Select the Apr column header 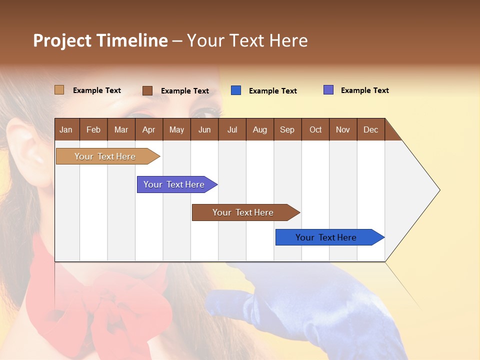[149, 129]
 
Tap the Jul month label [232, 129]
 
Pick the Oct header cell [315, 129]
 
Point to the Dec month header [371, 129]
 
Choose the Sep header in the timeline [288, 129]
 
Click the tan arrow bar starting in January [108, 156]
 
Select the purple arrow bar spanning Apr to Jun [177, 184]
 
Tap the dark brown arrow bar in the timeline [246, 212]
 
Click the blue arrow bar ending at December [330, 237]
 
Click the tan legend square [59, 90]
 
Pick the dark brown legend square [147, 90]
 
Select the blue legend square [236, 90]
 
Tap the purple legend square [328, 90]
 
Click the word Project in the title [62, 40]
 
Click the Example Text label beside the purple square [365, 90]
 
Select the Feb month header [93, 129]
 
